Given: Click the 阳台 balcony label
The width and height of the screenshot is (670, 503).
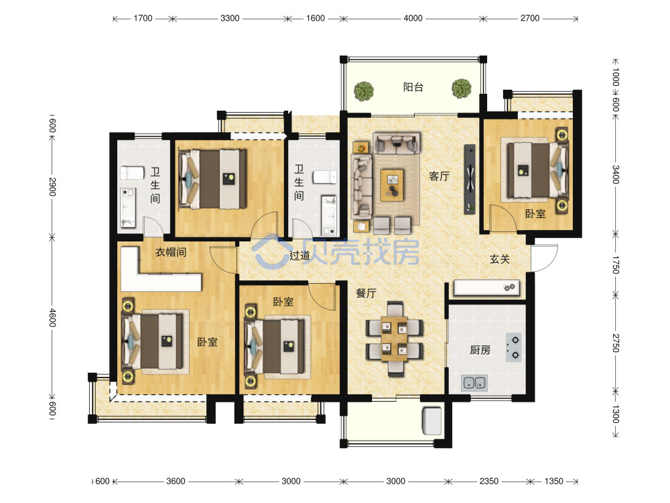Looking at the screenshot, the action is [x=413, y=87].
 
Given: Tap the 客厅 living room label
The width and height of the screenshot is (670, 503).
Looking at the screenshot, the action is [x=440, y=176].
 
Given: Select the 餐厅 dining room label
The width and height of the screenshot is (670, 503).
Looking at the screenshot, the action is [x=366, y=293].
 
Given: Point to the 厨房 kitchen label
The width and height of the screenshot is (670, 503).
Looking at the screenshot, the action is [x=480, y=350].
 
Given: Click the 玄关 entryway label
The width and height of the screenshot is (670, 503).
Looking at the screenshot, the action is [x=500, y=259].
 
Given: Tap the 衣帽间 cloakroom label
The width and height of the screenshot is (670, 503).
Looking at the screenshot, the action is [x=170, y=252].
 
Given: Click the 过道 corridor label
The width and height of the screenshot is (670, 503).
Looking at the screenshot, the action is [x=299, y=256].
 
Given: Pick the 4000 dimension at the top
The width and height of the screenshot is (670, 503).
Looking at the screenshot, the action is [x=413, y=18].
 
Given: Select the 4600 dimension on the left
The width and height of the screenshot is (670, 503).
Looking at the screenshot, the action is [x=52, y=318].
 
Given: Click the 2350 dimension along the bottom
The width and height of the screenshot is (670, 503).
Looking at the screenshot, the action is [x=488, y=481].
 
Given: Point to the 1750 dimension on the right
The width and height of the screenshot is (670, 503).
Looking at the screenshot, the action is [x=615, y=265].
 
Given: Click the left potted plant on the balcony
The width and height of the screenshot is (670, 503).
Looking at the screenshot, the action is [x=364, y=91].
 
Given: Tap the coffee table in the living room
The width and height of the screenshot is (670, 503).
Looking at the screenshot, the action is [x=392, y=185].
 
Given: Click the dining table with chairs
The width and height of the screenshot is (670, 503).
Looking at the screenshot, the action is [x=395, y=339].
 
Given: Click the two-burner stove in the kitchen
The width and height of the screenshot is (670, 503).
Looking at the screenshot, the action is [x=514, y=347].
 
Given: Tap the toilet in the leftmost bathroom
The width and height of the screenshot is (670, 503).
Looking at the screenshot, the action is [x=132, y=173].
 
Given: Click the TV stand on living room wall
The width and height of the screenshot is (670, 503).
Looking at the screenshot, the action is [x=470, y=179].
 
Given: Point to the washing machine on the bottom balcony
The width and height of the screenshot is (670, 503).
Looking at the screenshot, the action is [x=431, y=421].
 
